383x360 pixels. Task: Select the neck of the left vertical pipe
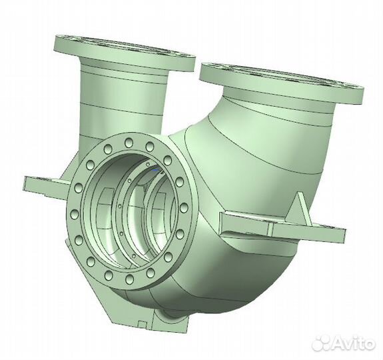[x=120, y=100]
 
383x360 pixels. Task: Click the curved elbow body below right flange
[x=266, y=153]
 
